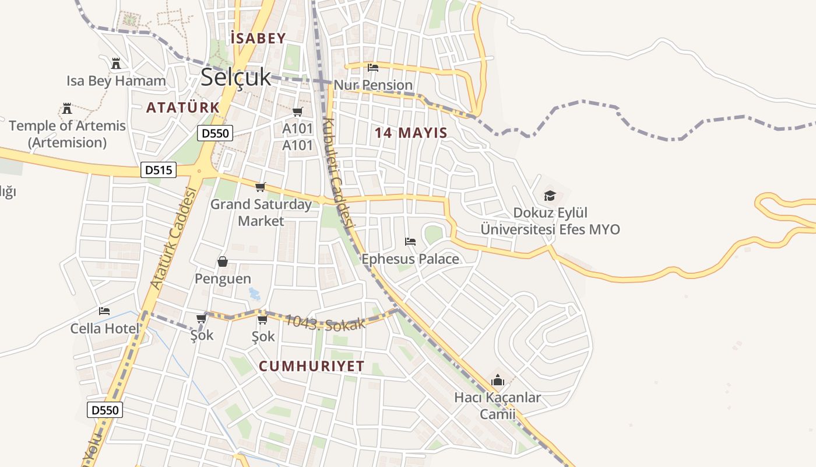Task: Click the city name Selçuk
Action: coord(236,77)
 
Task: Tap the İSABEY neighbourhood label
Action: coord(258,39)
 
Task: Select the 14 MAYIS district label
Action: coord(411,133)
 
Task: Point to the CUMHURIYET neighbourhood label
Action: coord(311,366)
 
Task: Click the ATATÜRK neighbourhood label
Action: coord(182,107)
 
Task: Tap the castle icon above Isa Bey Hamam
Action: coord(116,63)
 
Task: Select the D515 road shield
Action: coord(159,170)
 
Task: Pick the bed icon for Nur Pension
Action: coord(373,68)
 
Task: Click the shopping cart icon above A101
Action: coord(298,111)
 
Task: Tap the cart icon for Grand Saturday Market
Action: coord(261,187)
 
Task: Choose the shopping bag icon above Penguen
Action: coord(223,261)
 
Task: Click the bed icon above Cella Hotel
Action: coord(104,311)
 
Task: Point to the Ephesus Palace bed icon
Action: coord(410,241)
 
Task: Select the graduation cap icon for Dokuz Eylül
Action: coord(550,195)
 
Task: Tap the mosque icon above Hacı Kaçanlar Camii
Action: coord(497,380)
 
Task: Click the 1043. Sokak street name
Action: coord(325,323)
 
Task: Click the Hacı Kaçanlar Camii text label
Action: coord(497,406)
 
